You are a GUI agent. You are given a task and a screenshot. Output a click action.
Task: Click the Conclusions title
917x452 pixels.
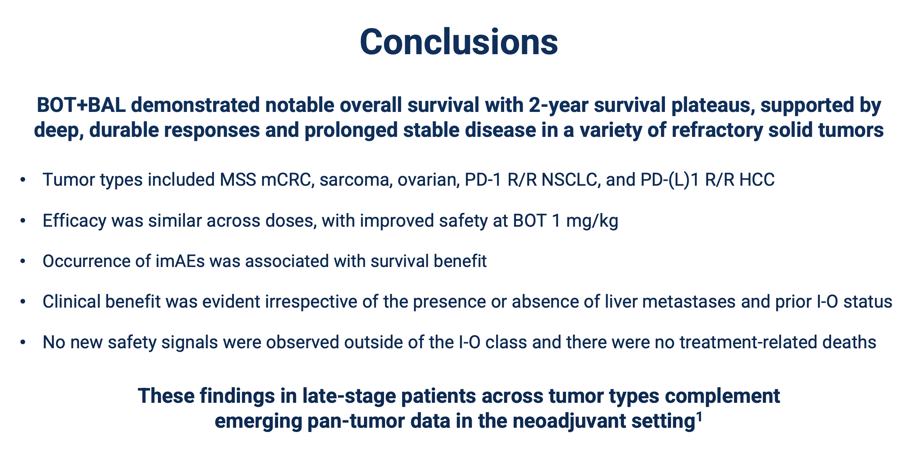tap(458, 42)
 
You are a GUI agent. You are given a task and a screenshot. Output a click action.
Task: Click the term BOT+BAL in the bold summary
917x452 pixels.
tap(81, 105)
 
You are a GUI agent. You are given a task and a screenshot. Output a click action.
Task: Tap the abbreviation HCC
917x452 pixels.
tap(757, 179)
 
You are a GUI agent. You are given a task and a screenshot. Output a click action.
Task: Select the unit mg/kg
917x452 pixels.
tap(592, 221)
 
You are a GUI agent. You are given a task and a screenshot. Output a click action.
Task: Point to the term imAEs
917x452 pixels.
tap(180, 261)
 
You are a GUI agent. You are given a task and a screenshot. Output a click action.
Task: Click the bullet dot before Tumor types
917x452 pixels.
tap(23, 180)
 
